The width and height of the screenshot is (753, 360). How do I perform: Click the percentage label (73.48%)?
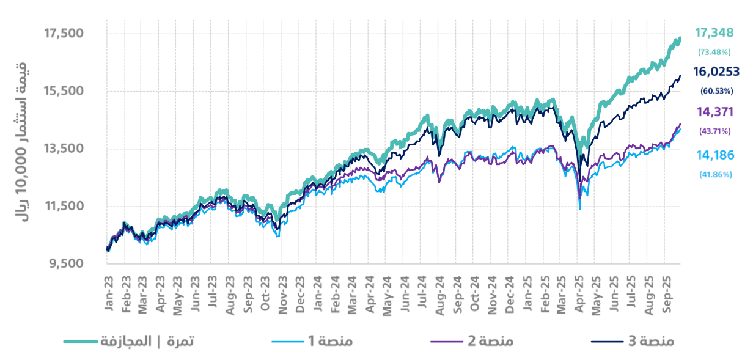point(714,52)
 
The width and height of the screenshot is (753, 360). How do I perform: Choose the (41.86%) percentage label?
point(714,174)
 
